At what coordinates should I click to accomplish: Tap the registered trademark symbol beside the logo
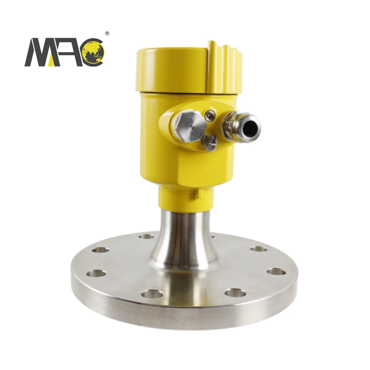(107, 34)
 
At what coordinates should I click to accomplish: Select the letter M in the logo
(39, 53)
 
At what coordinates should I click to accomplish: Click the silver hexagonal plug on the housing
(189, 125)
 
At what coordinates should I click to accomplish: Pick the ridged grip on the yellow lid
(224, 67)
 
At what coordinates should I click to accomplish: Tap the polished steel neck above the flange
(185, 237)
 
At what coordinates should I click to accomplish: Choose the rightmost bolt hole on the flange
(276, 272)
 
